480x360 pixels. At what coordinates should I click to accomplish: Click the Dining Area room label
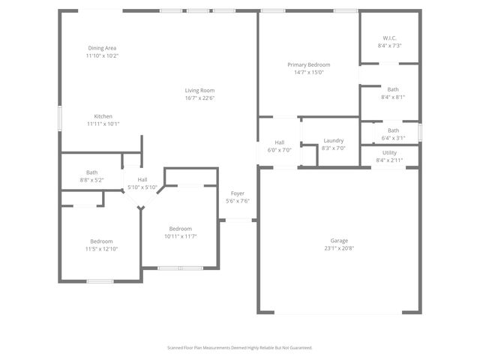[x=102, y=48]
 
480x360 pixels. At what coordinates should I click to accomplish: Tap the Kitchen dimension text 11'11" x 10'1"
[x=103, y=124]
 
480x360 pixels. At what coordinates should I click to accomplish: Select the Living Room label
[x=200, y=91]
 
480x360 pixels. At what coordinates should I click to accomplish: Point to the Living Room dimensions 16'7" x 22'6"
[x=200, y=98]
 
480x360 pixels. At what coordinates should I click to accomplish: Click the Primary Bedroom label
[x=308, y=64]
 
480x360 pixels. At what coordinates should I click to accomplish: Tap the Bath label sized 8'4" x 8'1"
[x=393, y=89]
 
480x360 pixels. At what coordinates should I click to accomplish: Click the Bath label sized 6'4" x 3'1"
[x=393, y=130]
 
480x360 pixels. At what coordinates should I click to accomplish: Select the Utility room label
[x=389, y=152]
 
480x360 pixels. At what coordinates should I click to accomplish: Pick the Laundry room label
[x=334, y=141]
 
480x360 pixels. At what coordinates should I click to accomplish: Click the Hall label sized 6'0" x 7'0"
[x=279, y=142]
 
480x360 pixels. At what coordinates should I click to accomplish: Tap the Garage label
[x=339, y=241]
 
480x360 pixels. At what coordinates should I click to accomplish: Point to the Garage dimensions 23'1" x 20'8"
[x=339, y=248]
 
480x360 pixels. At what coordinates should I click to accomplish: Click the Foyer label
[x=237, y=193]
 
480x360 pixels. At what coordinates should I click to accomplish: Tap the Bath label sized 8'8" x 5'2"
[x=91, y=172]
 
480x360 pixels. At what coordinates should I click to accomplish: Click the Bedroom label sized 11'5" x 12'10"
[x=101, y=241]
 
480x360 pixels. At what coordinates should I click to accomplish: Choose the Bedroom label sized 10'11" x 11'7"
[x=180, y=229]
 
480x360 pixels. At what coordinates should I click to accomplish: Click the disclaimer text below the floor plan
[x=239, y=347]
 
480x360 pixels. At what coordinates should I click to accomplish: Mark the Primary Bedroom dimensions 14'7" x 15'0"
[x=308, y=73]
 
